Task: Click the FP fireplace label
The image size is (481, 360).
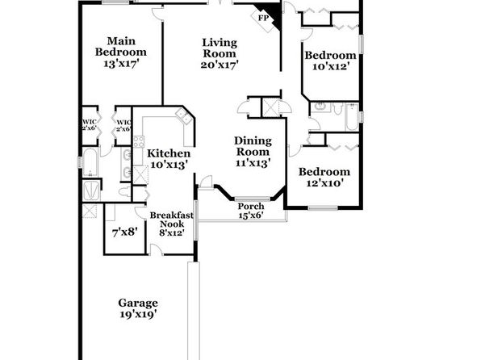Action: pos(263,18)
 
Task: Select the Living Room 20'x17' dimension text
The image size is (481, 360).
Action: pos(220,65)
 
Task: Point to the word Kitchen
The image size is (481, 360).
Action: pos(169,153)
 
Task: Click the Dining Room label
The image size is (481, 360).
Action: pos(253,146)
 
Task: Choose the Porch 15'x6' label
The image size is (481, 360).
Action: pos(251,211)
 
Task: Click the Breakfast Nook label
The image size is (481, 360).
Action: pos(171,220)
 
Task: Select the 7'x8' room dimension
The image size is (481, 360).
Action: pos(124,232)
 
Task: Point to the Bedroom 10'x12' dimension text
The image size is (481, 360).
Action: pos(331,66)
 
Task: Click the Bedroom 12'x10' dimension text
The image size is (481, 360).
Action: pos(324,183)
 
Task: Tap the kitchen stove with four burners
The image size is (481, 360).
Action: pos(139,142)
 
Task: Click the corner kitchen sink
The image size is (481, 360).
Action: pos(184,116)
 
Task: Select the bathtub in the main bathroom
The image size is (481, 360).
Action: pos(90,163)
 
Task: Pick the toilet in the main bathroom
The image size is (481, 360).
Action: pos(125,192)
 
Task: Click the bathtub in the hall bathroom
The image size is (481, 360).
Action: pos(352,117)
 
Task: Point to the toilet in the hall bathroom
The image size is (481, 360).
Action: pos(337,108)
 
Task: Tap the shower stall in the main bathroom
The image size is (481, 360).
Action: pos(91,190)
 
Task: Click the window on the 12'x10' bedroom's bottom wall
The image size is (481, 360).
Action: pos(323,208)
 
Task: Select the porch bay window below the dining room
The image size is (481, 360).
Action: pos(253,199)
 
